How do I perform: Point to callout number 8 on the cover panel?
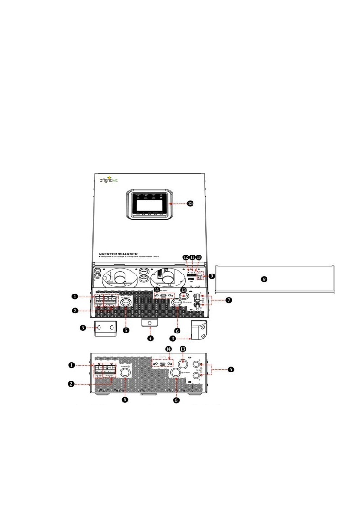(264, 279)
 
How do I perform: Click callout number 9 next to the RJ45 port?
(211, 275)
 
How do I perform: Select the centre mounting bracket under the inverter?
(149, 322)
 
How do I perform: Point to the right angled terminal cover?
(198, 329)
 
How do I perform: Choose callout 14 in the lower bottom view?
(169, 349)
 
